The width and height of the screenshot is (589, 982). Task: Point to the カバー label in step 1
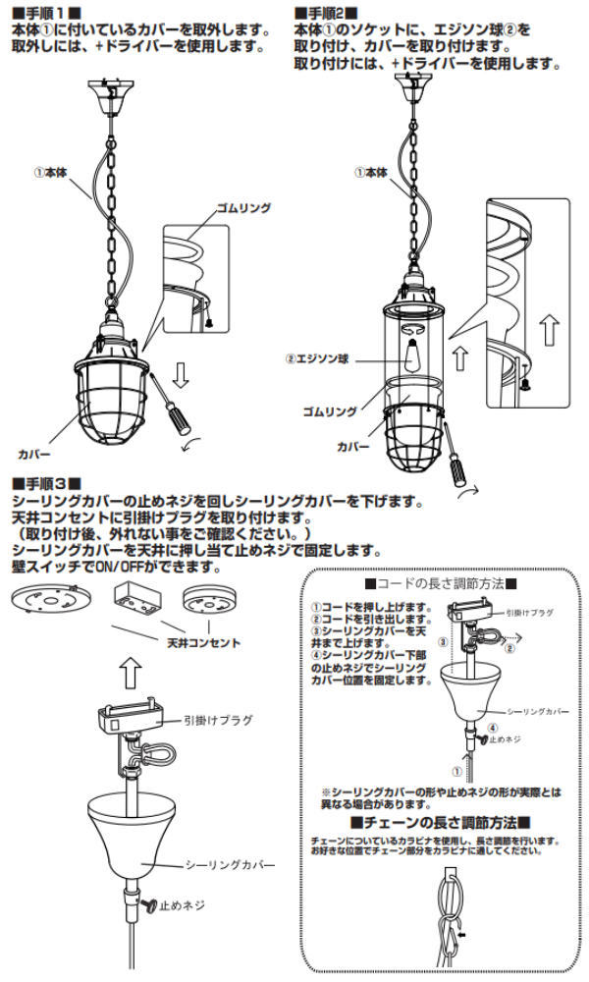(x=33, y=456)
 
